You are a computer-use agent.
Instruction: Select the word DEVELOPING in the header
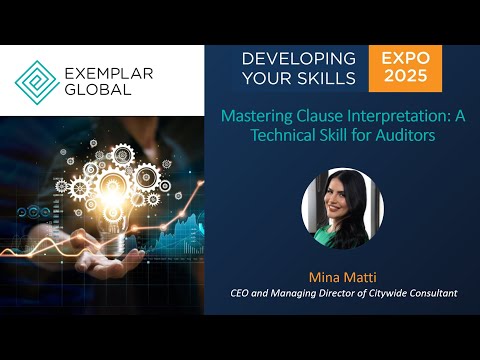click(x=298, y=58)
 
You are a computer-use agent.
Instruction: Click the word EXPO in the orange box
click(x=405, y=59)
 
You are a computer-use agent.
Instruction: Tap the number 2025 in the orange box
click(x=405, y=78)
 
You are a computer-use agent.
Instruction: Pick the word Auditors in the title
click(x=405, y=135)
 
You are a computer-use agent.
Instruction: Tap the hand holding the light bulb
click(x=95, y=262)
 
